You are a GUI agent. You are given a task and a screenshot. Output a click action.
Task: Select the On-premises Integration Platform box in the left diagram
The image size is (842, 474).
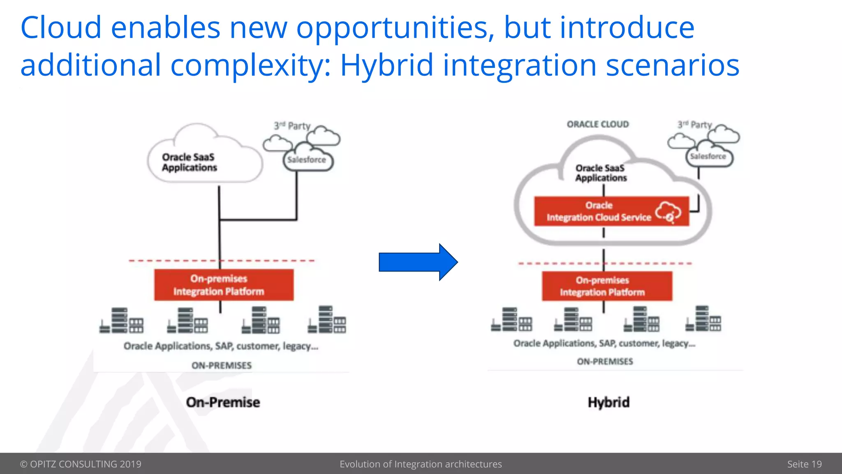(x=224, y=285)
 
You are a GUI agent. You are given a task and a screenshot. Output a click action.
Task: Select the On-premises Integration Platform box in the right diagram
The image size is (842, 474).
(x=607, y=286)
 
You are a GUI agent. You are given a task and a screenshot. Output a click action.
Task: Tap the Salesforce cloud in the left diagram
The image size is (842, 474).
(x=307, y=160)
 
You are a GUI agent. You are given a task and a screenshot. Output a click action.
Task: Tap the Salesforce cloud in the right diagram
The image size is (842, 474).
(x=708, y=156)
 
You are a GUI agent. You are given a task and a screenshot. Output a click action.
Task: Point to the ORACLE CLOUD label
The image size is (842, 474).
(x=598, y=124)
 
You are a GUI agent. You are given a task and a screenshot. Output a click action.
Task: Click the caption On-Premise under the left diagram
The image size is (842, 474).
(x=223, y=402)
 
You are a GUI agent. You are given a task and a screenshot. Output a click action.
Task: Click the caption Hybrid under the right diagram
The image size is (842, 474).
(x=608, y=402)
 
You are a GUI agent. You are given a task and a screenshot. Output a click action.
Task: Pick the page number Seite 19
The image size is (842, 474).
(x=804, y=464)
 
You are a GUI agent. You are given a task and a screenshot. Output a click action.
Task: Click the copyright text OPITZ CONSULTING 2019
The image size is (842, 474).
(x=81, y=464)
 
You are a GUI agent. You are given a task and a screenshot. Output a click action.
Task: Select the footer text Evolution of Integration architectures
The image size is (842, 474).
(x=421, y=464)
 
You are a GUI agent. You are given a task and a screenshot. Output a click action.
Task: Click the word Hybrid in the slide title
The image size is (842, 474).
(x=386, y=65)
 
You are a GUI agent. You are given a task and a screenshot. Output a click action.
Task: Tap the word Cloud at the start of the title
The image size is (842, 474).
(x=61, y=27)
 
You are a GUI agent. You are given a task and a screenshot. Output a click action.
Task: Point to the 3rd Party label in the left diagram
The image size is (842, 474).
(x=292, y=126)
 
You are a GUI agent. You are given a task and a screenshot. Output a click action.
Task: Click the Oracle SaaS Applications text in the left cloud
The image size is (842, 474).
(x=189, y=163)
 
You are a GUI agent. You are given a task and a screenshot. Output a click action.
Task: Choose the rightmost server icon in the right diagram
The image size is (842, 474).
(x=703, y=318)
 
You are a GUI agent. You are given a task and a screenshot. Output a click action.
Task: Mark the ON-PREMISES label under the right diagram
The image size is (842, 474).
(x=605, y=362)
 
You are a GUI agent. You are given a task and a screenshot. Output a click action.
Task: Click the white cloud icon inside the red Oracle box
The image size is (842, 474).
(x=668, y=212)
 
